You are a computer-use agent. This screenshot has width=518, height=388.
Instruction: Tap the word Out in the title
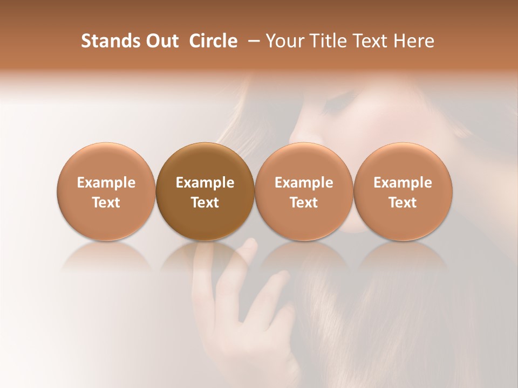(161, 41)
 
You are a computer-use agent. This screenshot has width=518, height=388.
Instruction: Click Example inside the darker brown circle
(205, 183)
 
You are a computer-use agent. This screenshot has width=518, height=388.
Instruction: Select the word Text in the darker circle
(205, 203)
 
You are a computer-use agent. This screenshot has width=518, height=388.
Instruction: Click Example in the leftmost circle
(106, 183)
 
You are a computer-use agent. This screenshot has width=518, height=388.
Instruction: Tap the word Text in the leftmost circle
(106, 203)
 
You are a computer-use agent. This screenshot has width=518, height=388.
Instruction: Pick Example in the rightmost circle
(403, 183)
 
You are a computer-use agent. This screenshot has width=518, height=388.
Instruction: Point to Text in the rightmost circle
(403, 203)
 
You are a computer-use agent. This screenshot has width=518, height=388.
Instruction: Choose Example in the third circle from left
(304, 183)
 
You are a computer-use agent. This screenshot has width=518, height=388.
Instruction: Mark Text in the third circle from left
(304, 203)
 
